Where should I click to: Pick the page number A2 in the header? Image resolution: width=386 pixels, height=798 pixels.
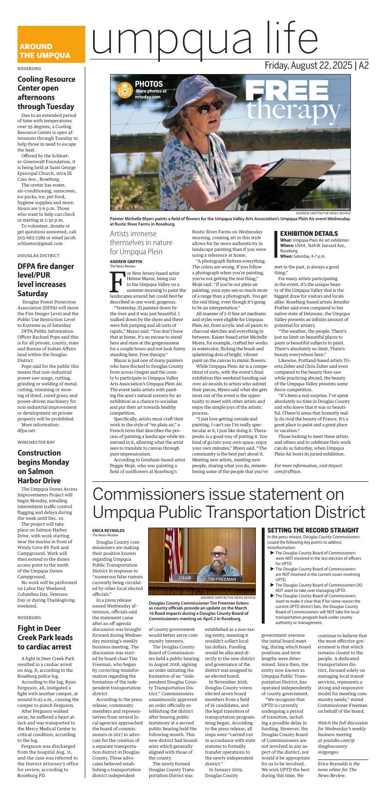point(364,66)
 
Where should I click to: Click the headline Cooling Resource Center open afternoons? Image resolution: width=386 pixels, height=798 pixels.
point(47,93)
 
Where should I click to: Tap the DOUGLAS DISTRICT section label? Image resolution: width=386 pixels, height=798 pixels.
point(39,255)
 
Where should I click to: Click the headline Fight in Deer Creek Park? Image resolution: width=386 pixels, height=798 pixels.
point(45,638)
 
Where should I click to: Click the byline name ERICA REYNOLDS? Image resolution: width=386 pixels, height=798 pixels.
point(108,530)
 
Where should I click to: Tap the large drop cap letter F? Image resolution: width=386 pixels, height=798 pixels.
point(117,280)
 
